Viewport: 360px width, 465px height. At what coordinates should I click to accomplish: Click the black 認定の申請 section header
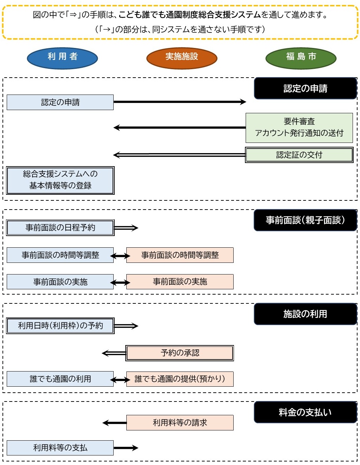(x=305, y=88)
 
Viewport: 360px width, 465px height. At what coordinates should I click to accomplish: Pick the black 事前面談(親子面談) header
(x=305, y=220)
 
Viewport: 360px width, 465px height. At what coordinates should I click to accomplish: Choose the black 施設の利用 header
(x=305, y=314)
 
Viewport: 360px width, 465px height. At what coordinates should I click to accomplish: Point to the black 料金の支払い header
(x=305, y=412)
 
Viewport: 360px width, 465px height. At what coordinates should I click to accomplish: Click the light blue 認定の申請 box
(x=60, y=102)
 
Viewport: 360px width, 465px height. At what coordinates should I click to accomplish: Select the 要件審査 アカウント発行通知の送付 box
(x=299, y=128)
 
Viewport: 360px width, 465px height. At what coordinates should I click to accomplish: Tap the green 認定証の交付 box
(x=299, y=155)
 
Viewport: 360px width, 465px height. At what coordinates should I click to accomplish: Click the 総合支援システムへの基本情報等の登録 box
(x=60, y=180)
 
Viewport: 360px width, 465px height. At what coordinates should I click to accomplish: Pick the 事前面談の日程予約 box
(x=60, y=228)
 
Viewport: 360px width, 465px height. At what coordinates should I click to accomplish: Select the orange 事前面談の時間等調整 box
(x=180, y=255)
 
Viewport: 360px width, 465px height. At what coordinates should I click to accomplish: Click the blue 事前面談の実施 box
(x=60, y=282)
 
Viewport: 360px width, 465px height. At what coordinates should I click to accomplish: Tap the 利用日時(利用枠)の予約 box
(x=60, y=326)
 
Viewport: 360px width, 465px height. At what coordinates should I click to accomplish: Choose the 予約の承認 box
(x=180, y=353)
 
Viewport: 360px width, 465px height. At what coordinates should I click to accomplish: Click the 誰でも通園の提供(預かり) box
(x=180, y=379)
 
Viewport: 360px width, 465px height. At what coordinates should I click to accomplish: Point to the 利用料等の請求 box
(x=180, y=423)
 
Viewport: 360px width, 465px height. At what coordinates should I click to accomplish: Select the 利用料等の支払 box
(x=60, y=448)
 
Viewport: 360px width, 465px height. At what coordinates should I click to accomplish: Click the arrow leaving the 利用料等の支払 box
(x=126, y=448)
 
